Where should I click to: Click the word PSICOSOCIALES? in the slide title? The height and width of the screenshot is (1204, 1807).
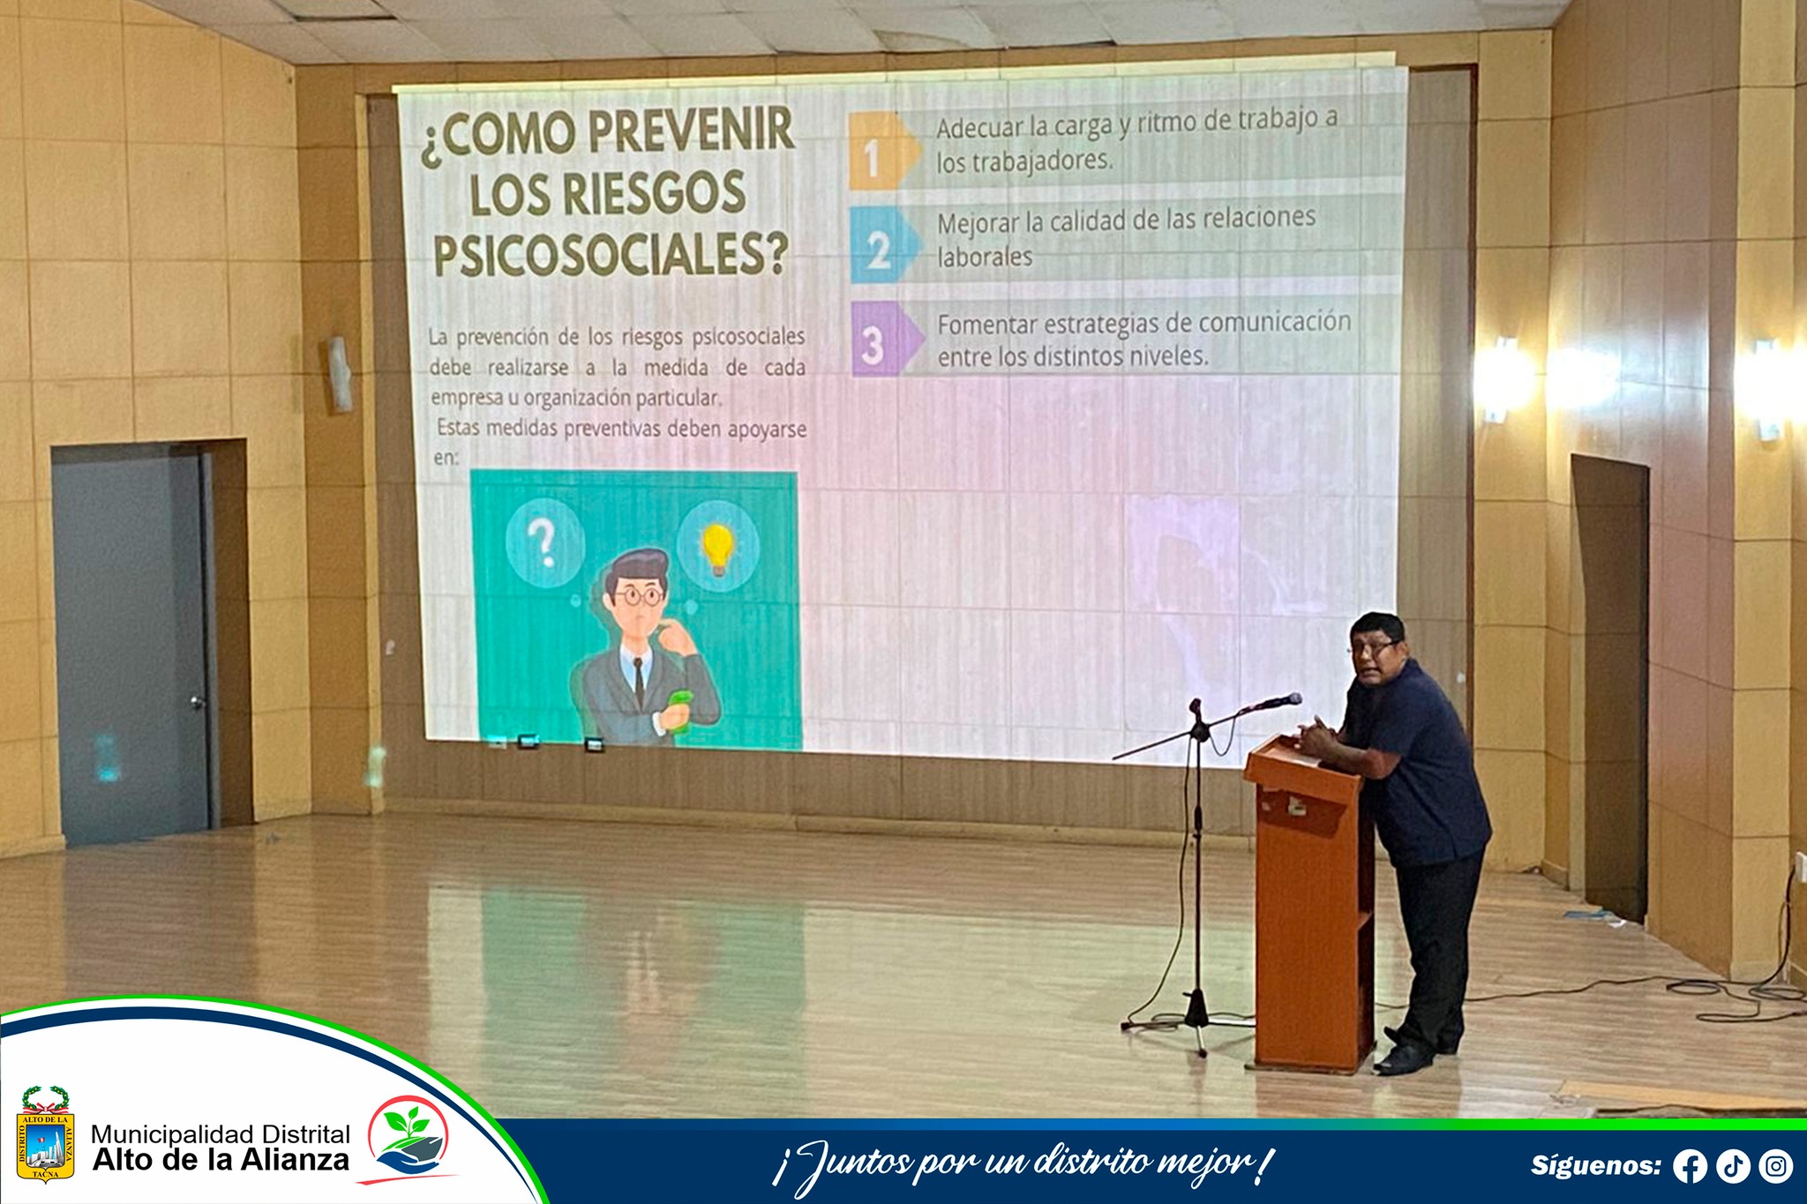pyautogui.click(x=611, y=255)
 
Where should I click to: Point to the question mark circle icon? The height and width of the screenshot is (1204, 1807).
pyautogui.click(x=545, y=542)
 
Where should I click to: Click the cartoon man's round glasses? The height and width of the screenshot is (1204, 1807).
pyautogui.click(x=641, y=596)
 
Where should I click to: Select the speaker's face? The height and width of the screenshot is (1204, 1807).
pyautogui.click(x=1373, y=658)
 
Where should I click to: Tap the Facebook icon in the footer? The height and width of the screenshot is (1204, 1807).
pyautogui.click(x=1690, y=1166)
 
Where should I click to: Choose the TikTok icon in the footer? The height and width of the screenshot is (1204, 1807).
pyautogui.click(x=1733, y=1166)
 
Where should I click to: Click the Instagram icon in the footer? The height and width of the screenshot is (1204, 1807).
pyautogui.click(x=1775, y=1166)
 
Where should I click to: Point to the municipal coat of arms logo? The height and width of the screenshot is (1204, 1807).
pyautogui.click(x=45, y=1134)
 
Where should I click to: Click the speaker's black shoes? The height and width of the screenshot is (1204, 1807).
pyautogui.click(x=1412, y=1051)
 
